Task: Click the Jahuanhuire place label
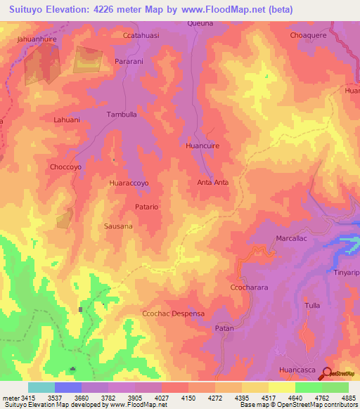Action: tap(38, 41)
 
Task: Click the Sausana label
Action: tap(118, 226)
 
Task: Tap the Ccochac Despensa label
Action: tap(173, 314)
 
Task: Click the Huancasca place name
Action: tap(298, 368)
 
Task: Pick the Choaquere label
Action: tap(309, 34)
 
